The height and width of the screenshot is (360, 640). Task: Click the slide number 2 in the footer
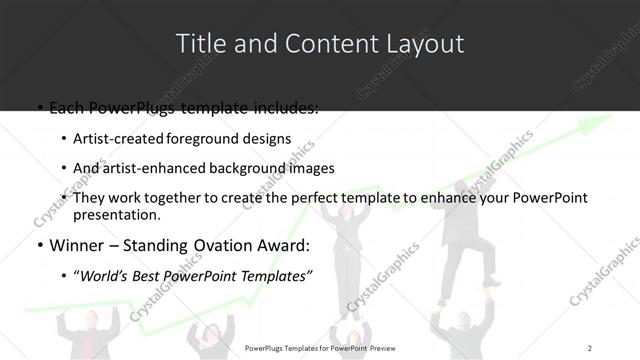coord(590,347)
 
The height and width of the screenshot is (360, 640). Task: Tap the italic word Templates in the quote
coord(275,277)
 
